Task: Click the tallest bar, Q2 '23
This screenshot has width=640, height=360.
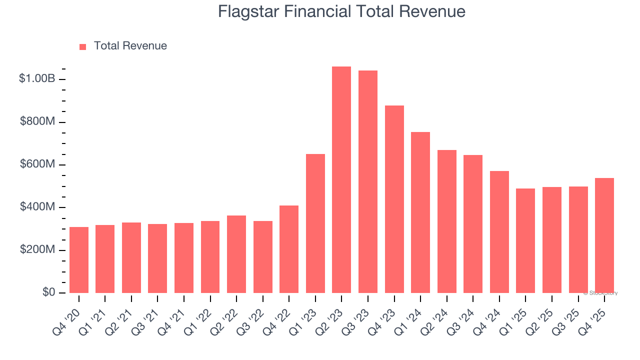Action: pyautogui.click(x=341, y=180)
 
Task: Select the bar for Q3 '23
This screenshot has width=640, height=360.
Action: pyautogui.click(x=368, y=182)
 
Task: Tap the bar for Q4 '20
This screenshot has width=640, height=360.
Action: pyautogui.click(x=79, y=260)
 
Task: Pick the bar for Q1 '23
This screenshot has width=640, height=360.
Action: pyautogui.click(x=315, y=223)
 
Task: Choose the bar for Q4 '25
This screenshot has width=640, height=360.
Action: pyautogui.click(x=604, y=235)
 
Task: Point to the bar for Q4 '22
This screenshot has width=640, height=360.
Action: pyautogui.click(x=289, y=249)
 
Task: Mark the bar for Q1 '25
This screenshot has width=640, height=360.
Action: pyautogui.click(x=525, y=240)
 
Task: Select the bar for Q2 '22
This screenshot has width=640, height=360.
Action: pyautogui.click(x=236, y=254)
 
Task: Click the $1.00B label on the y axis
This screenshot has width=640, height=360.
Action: pyautogui.click(x=37, y=79)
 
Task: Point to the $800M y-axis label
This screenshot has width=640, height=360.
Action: pyautogui.click(x=37, y=122)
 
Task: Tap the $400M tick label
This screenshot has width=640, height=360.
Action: pyautogui.click(x=37, y=207)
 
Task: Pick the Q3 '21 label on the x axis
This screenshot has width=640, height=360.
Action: pyautogui.click(x=147, y=315)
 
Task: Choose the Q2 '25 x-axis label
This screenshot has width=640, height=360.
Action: pyautogui.click(x=541, y=315)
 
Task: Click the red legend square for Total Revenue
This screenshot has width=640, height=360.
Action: pyautogui.click(x=83, y=46)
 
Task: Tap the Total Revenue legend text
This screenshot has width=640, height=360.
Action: pyautogui.click(x=130, y=46)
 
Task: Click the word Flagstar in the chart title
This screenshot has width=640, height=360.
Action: pyautogui.click(x=248, y=11)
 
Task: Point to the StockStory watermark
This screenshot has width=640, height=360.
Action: pyautogui.click(x=600, y=293)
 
